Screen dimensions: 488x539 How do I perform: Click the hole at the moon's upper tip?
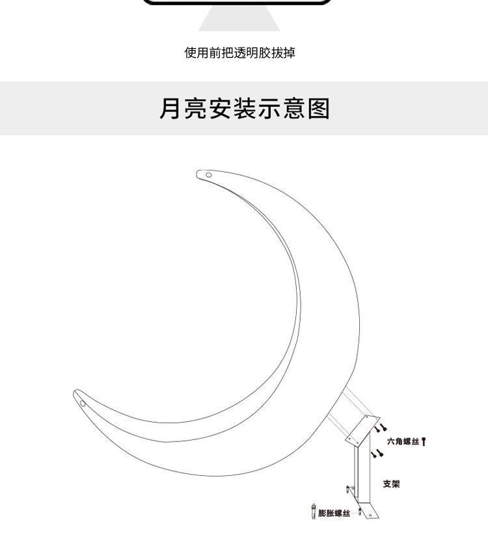point(208,175)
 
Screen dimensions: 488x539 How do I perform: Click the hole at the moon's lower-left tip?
point(83,402)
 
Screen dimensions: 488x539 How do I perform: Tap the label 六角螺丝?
point(403,442)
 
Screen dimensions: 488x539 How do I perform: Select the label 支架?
point(391,484)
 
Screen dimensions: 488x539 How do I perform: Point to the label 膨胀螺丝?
point(334,514)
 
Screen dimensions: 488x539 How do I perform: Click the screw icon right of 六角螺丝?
point(424,442)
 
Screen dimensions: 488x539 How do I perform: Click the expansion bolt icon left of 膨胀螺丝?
point(314,512)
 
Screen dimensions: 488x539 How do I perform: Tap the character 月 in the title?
point(170,109)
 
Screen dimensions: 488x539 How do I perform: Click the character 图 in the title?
point(318,109)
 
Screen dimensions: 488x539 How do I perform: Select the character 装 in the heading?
point(244,109)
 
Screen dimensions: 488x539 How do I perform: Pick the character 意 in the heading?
point(293,109)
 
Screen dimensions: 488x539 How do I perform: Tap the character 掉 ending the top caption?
point(289,53)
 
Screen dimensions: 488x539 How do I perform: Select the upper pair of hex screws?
point(380,428)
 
